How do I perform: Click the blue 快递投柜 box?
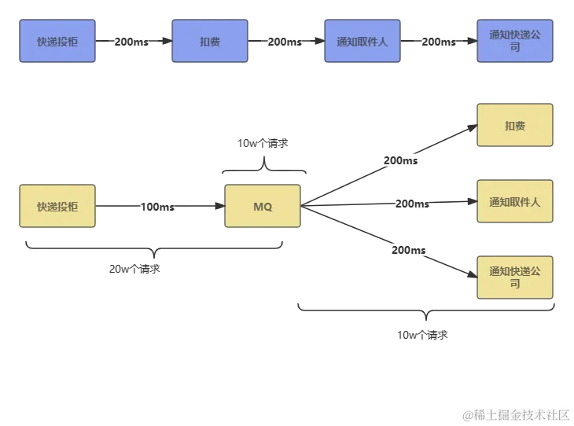(x=57, y=42)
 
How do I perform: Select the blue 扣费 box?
(x=210, y=42)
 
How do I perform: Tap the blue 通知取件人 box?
(x=362, y=42)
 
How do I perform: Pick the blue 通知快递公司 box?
(x=515, y=42)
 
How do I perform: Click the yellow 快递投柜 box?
(x=57, y=207)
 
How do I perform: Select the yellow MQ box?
(x=263, y=207)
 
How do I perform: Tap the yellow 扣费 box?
(x=515, y=126)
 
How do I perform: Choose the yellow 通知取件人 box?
(x=515, y=202)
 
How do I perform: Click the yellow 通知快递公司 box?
(x=515, y=277)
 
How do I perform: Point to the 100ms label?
(x=157, y=207)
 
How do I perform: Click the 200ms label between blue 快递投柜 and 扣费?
(x=131, y=42)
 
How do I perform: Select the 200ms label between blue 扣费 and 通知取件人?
(x=285, y=42)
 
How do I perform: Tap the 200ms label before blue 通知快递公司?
(x=439, y=42)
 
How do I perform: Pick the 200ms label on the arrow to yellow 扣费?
(x=400, y=160)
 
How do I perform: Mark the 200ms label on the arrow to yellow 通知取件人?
(x=413, y=204)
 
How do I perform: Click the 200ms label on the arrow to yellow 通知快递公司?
(x=409, y=250)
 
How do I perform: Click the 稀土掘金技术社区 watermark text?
(x=515, y=414)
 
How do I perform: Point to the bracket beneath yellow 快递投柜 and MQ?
(x=153, y=249)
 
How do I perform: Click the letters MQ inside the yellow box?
(x=263, y=207)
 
